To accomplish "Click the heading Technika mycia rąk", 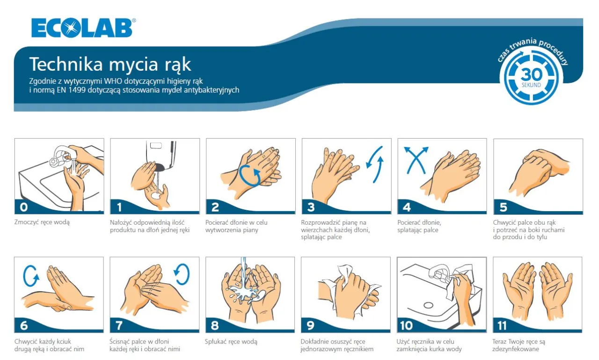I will (x=110, y=64).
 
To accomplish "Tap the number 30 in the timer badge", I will (x=532, y=74).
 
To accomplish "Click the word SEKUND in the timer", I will (x=532, y=85).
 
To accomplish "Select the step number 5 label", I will (x=503, y=206).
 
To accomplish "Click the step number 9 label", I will (x=310, y=325).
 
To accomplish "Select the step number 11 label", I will (x=504, y=325).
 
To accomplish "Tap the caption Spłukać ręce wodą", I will (x=231, y=342).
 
